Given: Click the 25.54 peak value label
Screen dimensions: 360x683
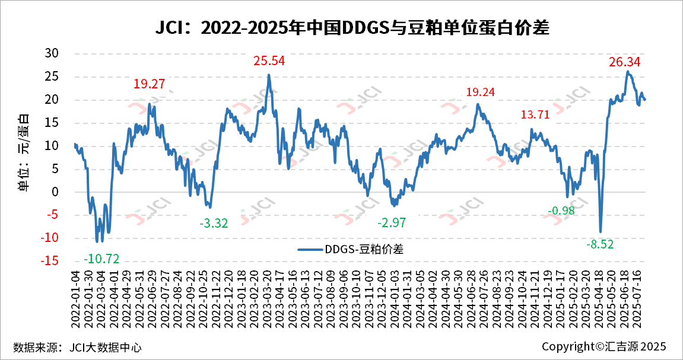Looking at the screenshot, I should [269, 60].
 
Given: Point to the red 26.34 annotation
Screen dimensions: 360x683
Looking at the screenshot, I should [625, 62].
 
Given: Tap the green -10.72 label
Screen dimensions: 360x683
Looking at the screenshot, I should [101, 259].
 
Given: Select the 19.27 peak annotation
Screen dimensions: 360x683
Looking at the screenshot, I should [149, 84].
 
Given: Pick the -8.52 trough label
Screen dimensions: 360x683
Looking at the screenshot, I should [602, 244].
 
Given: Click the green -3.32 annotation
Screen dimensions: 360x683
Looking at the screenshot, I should [214, 224].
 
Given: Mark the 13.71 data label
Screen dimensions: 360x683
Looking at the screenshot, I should [536, 115].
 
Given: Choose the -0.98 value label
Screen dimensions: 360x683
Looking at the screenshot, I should [561, 211].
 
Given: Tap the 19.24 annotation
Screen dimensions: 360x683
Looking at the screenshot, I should [480, 92].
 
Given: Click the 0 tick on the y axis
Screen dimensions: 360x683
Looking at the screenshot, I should [55, 192].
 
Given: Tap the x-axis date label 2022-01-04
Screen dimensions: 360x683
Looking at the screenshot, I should [75, 295].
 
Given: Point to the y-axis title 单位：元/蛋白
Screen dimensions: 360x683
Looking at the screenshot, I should [24, 152].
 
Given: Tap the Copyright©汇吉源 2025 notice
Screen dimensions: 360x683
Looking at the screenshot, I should [604, 346].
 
